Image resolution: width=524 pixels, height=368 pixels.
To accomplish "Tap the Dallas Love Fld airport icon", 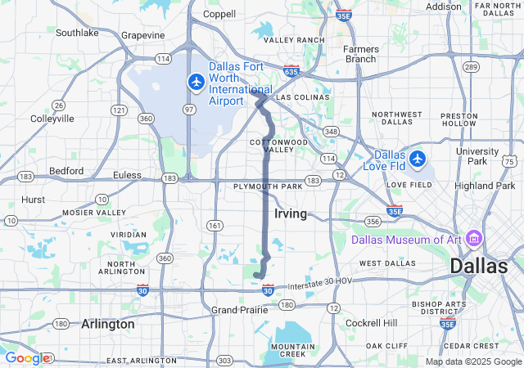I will pos(418,157).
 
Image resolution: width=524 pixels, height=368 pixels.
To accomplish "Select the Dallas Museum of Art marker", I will pos(473,239).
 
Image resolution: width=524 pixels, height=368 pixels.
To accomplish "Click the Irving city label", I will pos(291,213).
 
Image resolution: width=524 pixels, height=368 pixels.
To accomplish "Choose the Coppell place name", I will pos(219,14).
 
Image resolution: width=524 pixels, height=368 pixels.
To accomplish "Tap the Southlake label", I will pos(77,33).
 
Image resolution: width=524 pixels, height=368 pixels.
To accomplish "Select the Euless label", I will pos(126,174).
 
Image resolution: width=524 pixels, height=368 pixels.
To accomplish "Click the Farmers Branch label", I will pos(360,53).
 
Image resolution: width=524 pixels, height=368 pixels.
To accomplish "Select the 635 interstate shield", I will pos(291,71).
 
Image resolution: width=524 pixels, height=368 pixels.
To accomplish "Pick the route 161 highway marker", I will pos(215,225).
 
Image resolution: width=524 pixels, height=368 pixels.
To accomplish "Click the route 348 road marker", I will pos(331,132).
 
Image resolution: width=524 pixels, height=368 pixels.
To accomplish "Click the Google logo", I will pos(27,357).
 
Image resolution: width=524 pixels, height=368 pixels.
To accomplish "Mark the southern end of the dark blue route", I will pos(256,275).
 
